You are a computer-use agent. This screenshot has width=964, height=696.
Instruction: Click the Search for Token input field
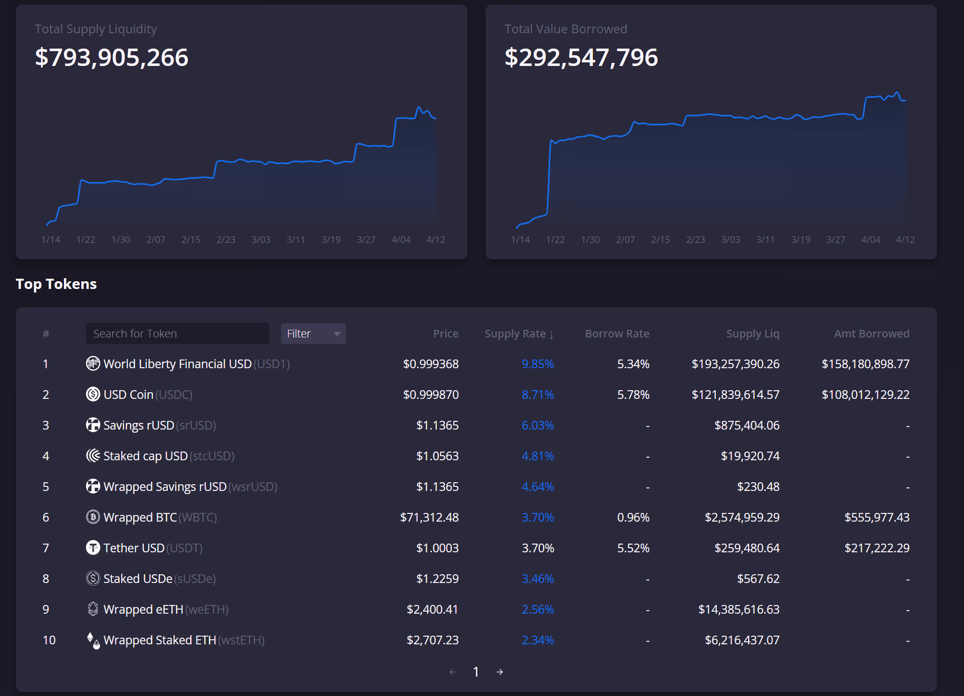177,333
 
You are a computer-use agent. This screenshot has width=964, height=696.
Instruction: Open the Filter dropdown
313,333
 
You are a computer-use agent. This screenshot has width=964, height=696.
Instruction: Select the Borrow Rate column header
617,333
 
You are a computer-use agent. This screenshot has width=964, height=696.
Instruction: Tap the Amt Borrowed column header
871,333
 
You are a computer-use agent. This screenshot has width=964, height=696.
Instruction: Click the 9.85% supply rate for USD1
537,364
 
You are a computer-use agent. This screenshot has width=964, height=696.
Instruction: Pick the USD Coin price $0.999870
430,394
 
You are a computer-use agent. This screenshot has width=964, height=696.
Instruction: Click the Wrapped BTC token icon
93,517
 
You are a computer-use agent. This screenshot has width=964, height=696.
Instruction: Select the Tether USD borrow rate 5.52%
633,548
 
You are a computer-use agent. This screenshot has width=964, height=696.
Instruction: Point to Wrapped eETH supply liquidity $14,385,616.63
738,609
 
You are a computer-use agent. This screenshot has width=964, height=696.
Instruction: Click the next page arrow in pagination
500,671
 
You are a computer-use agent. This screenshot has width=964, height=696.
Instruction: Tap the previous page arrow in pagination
452,671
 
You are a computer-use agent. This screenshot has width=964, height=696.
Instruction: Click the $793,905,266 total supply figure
112,57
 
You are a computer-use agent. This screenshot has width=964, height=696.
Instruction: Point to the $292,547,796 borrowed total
581,57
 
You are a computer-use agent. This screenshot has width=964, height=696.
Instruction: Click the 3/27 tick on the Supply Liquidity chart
366,239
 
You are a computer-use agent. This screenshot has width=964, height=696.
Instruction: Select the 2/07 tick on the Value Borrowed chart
625,239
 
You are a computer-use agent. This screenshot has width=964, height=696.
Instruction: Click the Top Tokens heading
56,284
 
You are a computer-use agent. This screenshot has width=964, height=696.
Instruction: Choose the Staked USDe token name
138,578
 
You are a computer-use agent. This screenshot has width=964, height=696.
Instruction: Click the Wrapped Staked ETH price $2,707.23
432,640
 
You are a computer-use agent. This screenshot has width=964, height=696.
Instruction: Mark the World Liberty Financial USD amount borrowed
865,364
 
